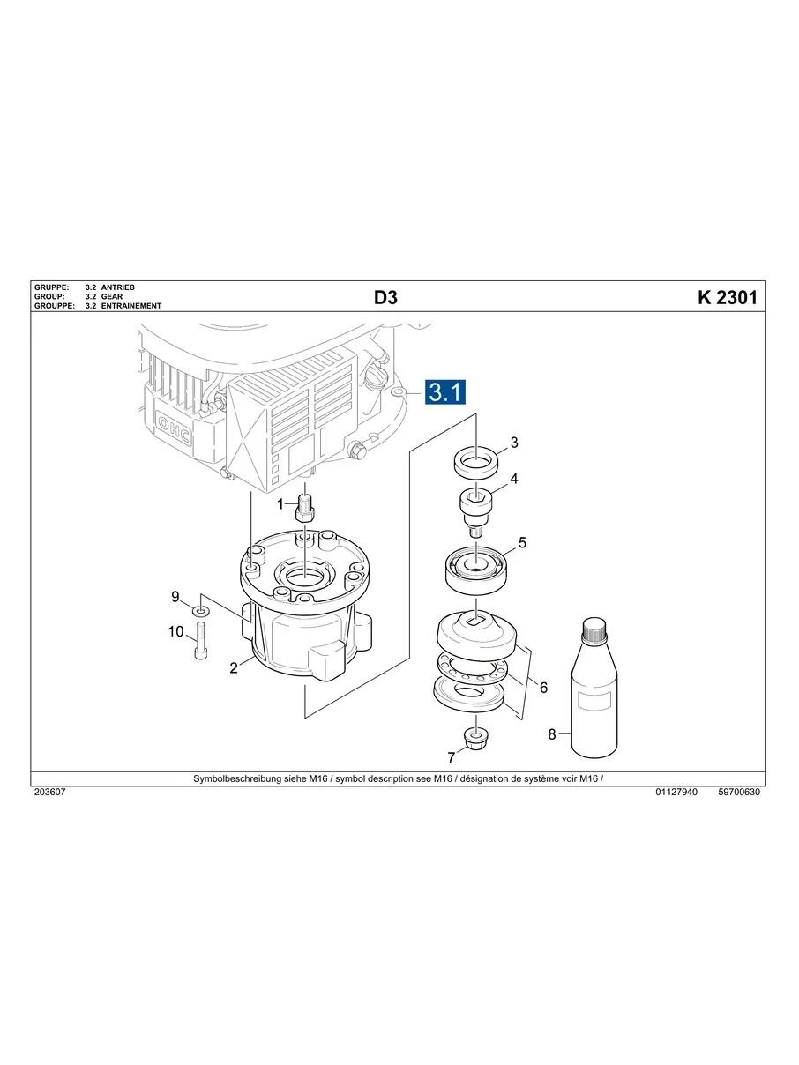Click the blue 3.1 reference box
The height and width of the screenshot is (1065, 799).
[445, 391]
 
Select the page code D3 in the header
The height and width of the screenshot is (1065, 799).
[385, 298]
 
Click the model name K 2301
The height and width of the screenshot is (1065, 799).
[727, 298]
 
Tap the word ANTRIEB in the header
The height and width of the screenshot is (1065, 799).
[118, 287]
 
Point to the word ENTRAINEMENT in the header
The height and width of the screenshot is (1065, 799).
[131, 306]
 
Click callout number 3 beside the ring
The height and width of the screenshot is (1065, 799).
[514, 442]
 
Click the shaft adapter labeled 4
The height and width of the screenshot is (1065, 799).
[477, 509]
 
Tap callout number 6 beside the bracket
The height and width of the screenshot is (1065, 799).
[543, 687]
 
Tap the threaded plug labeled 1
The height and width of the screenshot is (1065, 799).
[306, 508]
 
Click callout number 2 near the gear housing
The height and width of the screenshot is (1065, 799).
[234, 668]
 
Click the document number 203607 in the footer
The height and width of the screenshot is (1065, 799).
[50, 793]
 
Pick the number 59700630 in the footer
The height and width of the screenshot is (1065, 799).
[739, 793]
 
